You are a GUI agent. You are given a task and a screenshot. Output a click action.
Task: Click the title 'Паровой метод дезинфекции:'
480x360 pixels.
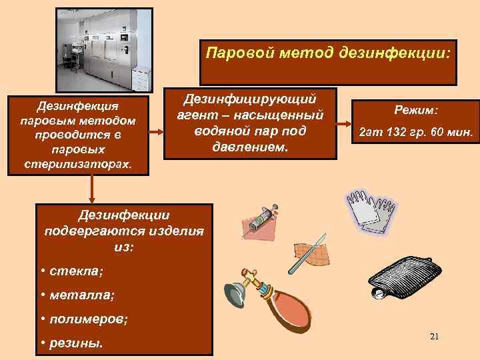[327, 52]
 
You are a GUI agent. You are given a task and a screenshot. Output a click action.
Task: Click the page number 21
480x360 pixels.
[434, 335]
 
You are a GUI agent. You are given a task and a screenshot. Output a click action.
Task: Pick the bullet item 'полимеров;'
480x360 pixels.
[83, 319]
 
